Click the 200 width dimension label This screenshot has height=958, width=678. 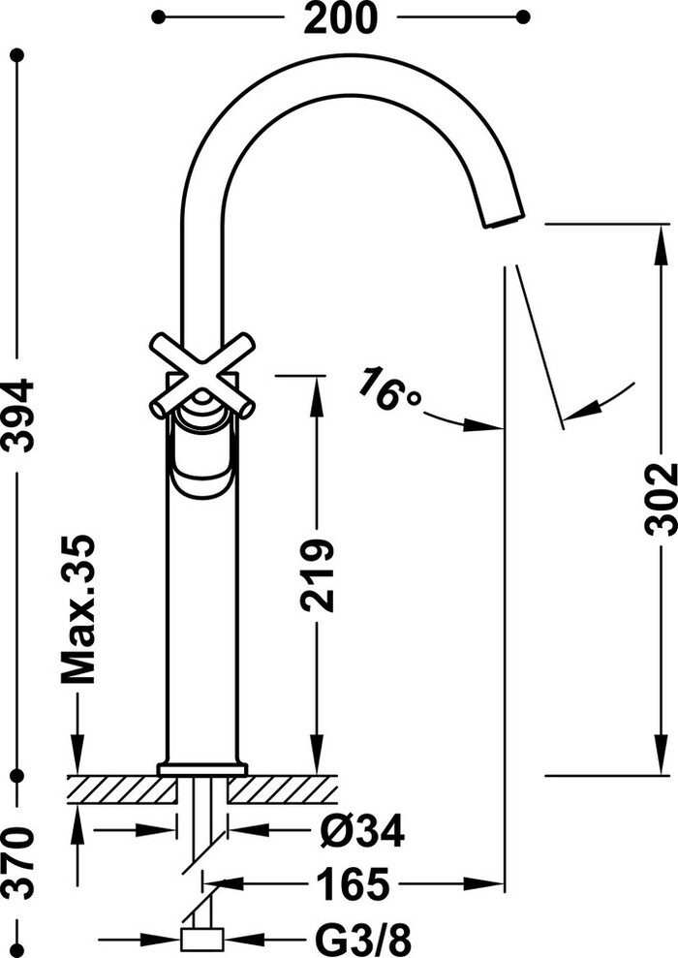point(340,17)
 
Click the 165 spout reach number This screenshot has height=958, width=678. point(353,882)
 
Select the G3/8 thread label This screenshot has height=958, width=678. point(363,940)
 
